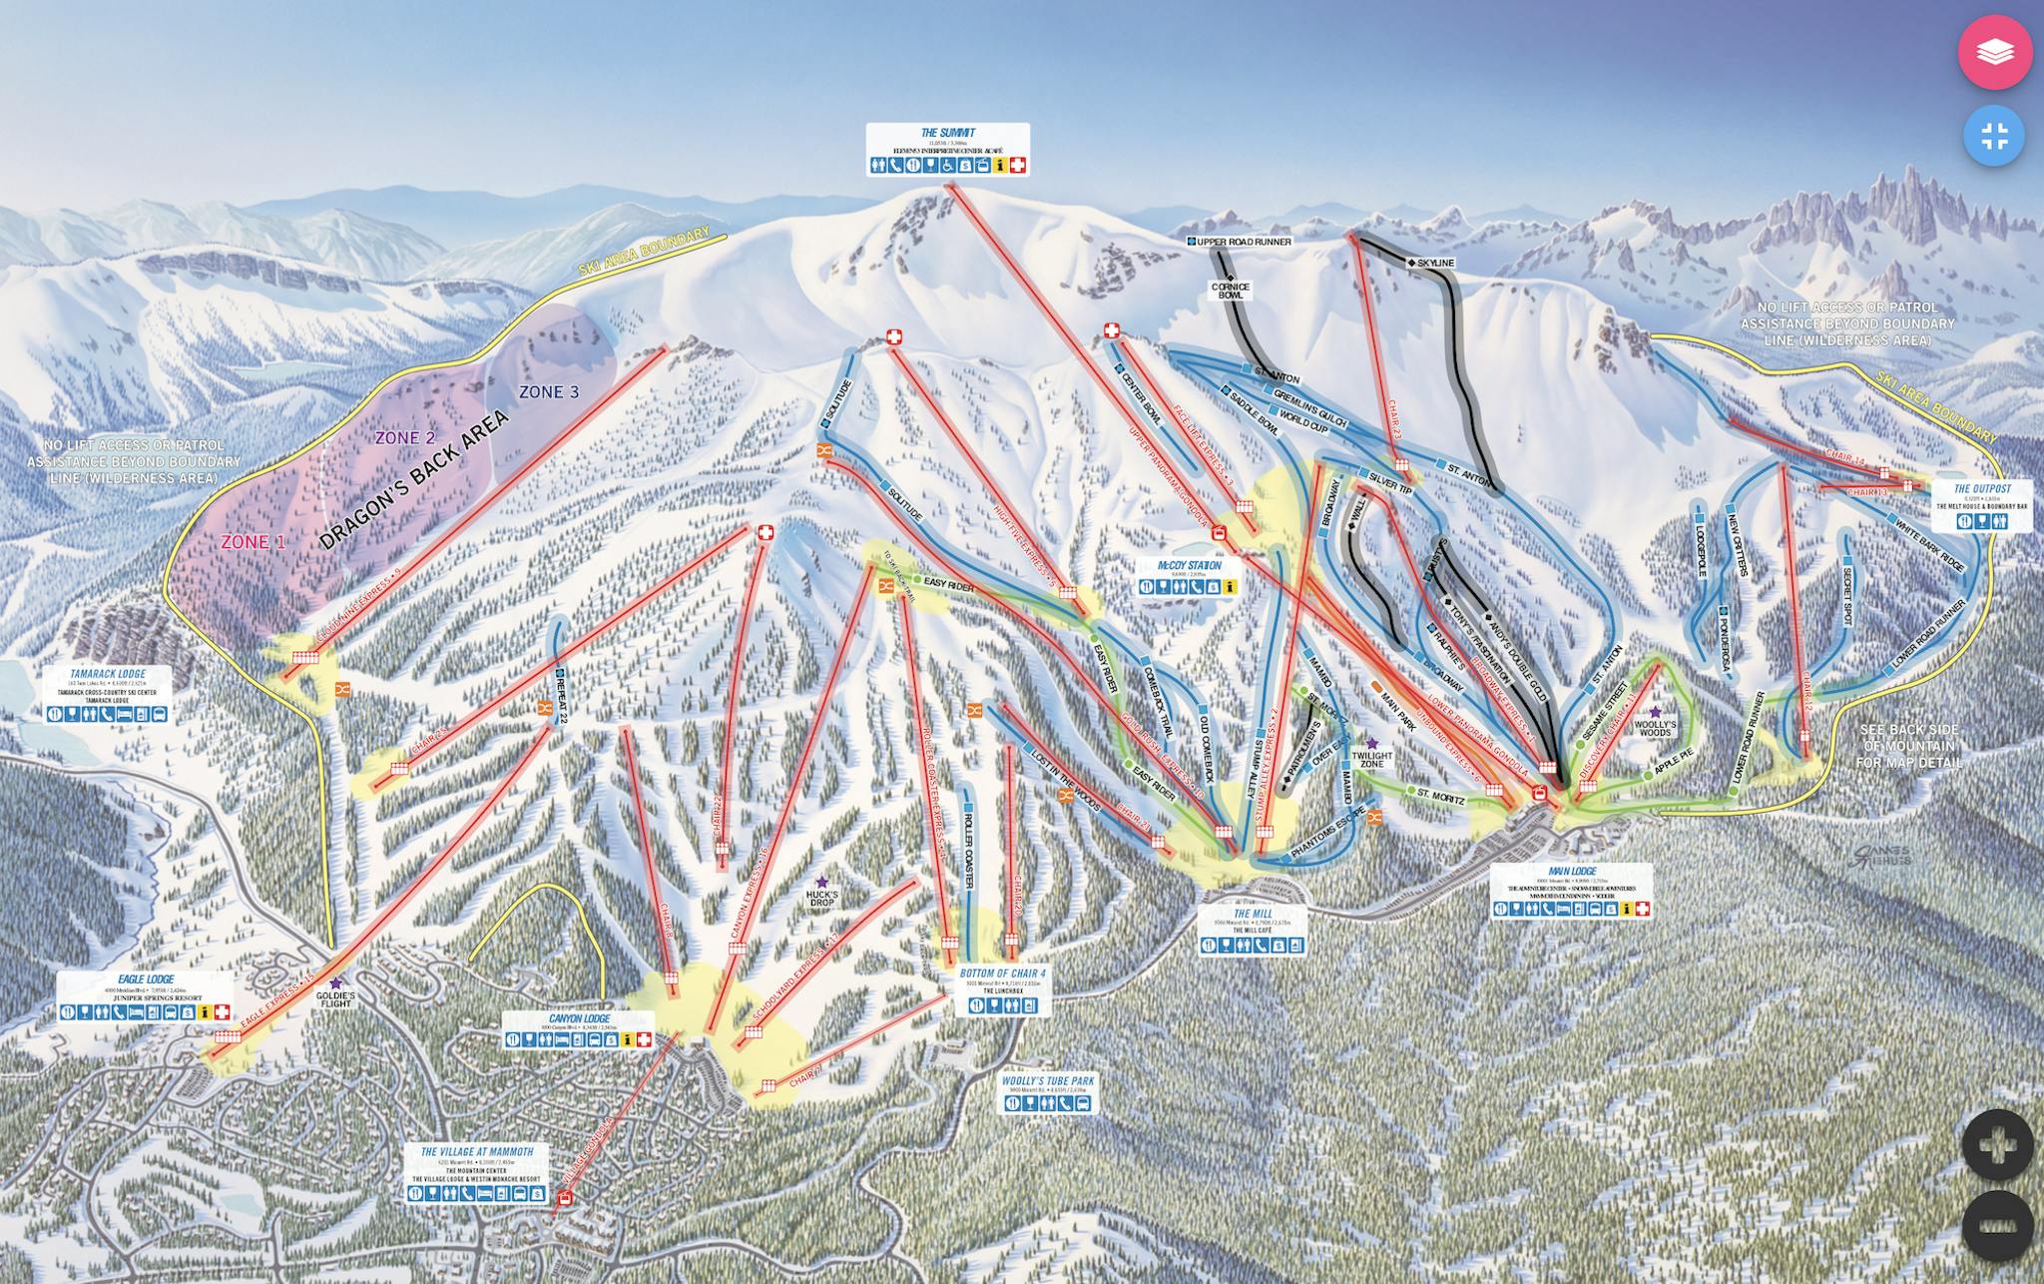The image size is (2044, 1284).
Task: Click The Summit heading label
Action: coord(947,132)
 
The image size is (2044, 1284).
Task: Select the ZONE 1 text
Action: coord(246,542)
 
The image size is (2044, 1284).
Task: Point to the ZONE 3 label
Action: coord(549,391)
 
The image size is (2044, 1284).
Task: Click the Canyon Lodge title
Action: coord(579,1018)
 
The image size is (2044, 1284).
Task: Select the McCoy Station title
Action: coord(1189,565)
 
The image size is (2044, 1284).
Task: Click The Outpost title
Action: coord(1982,489)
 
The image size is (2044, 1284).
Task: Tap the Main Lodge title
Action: coord(1571,871)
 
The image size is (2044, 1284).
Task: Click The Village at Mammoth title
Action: coord(477,1151)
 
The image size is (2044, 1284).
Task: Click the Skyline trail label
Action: coord(1434,263)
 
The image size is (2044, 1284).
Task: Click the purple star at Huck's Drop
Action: coord(821,881)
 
